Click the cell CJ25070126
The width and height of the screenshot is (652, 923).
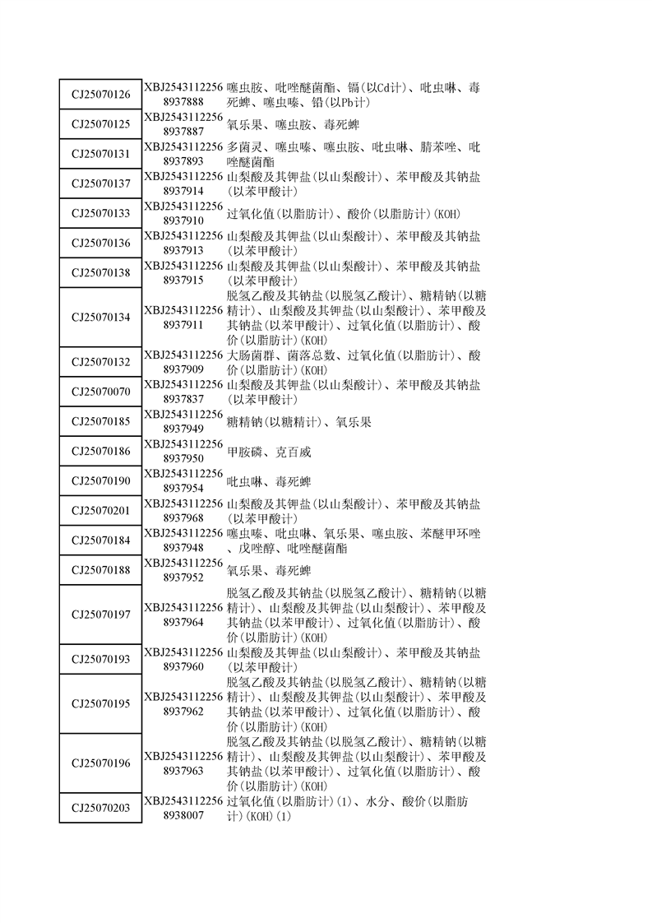pos(100,95)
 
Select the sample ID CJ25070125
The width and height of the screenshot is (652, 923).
pos(100,124)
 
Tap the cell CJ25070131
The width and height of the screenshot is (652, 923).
pos(100,154)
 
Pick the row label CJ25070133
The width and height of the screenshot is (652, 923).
pos(100,213)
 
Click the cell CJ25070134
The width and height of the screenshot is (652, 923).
pos(100,317)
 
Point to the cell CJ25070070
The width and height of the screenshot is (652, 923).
pos(100,392)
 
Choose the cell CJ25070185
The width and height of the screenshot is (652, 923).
pos(100,421)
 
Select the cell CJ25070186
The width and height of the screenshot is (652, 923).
pos(100,451)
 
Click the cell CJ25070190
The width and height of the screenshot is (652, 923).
pos(100,480)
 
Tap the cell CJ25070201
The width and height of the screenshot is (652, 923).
pos(100,511)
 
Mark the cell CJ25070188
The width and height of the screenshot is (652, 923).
pos(100,570)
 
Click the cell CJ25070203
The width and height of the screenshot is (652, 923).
pos(100,808)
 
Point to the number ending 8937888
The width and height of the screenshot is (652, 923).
pos(183,102)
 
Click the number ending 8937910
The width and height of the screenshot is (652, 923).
pos(183,220)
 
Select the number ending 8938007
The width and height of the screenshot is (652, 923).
pos(183,815)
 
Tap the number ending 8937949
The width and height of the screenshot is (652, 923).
pos(183,429)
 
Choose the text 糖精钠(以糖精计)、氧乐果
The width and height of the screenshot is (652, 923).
pos(298,422)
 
